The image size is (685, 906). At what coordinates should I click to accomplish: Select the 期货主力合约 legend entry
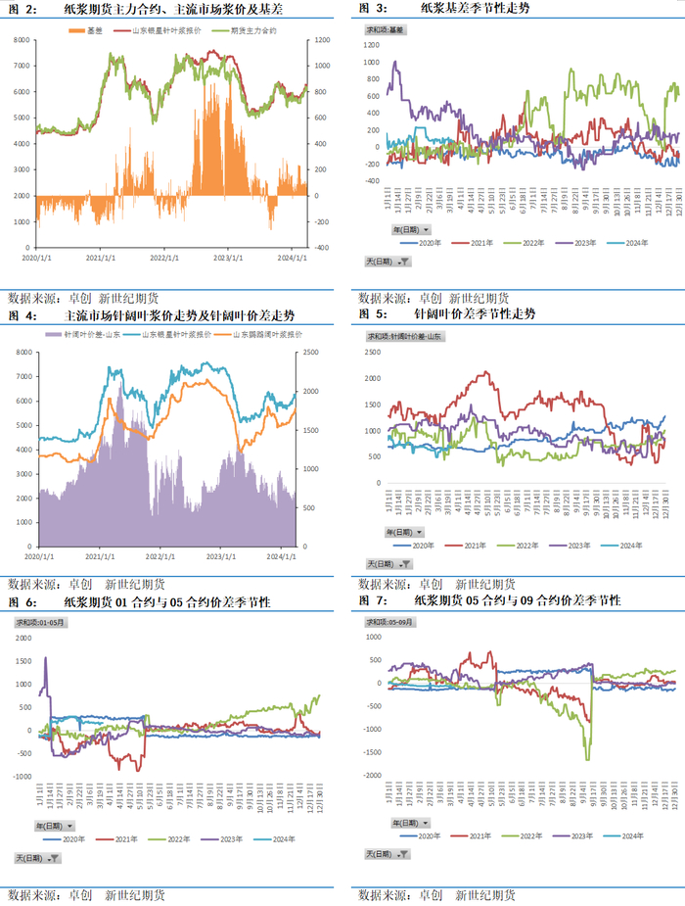pos(250,32)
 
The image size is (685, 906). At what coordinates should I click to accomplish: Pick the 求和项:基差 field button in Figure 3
pos(385,30)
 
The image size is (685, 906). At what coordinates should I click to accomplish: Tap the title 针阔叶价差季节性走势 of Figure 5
pos(474,315)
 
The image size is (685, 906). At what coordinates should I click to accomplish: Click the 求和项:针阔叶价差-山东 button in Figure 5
pos(404,336)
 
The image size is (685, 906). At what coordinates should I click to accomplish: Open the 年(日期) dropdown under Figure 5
pos(383,530)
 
